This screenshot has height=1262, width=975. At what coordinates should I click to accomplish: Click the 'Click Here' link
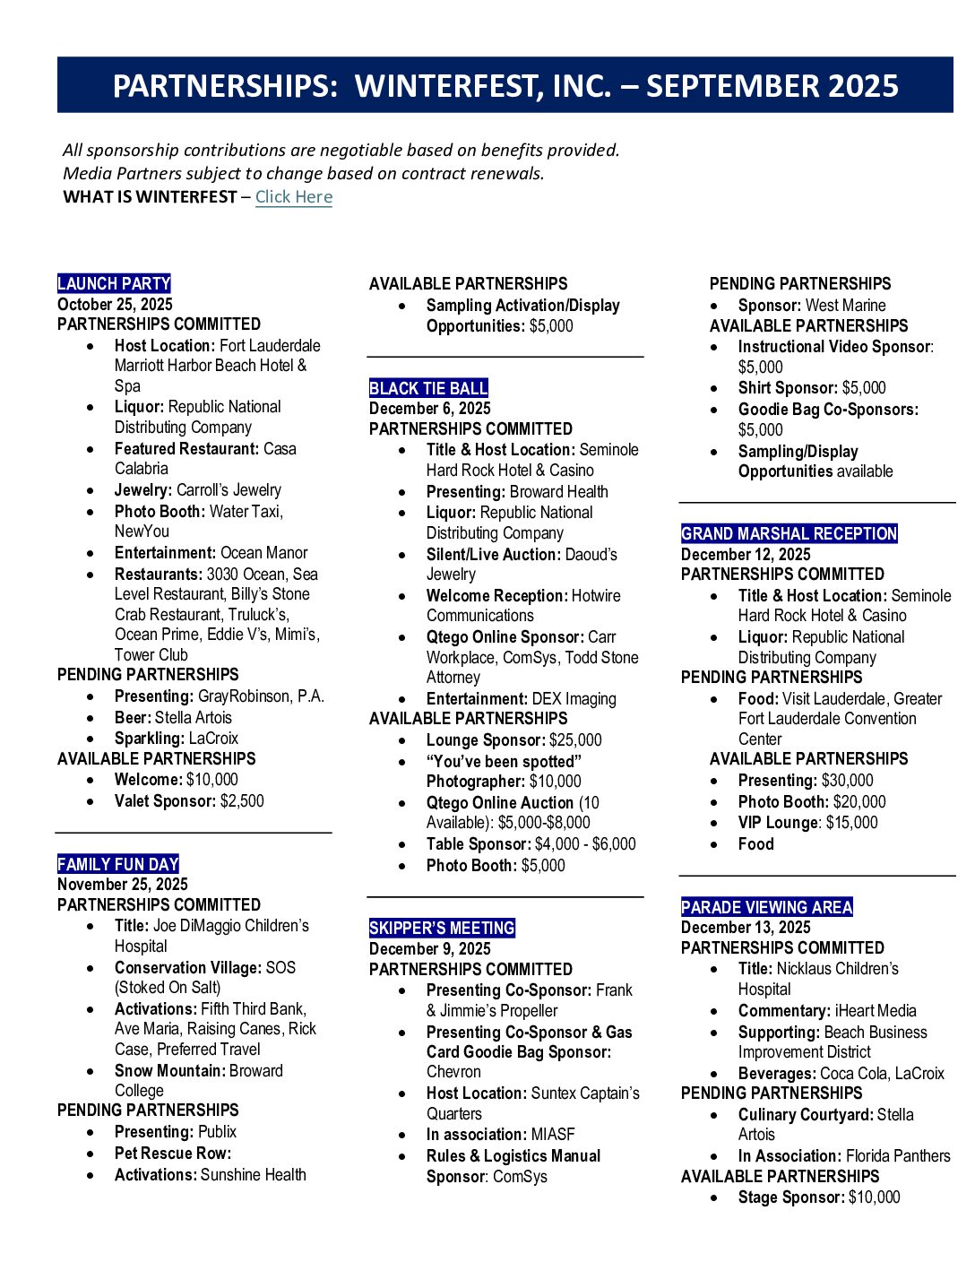pos(293,197)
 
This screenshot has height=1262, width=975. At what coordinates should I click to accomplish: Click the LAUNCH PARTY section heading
pos(114,284)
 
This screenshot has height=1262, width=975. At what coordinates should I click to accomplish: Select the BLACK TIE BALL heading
pos(428,388)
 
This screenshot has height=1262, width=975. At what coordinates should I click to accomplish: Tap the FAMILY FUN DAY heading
pos(117,865)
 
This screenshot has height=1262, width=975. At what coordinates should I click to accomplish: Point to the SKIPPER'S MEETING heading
pos(442,929)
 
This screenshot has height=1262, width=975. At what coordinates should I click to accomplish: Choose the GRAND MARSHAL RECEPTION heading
pos(789,534)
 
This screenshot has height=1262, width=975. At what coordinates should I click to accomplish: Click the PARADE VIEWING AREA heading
pos(766,907)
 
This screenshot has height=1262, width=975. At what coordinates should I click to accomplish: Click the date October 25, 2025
pos(115,305)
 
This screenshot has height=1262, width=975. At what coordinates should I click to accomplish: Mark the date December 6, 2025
pos(429,409)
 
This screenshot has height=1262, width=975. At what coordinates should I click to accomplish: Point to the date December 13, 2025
pos(746,928)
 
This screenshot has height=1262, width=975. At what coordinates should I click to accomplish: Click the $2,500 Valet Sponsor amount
pos(242,801)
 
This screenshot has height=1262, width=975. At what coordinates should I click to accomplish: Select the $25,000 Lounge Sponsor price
pos(575,740)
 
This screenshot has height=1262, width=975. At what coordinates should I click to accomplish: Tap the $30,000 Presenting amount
pos(847,781)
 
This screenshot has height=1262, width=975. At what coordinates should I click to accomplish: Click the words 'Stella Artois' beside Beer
pos(193,718)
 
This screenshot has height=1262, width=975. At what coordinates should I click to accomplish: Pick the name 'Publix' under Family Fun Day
pos(217,1132)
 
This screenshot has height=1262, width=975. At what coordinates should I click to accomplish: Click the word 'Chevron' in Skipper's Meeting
pos(453,1072)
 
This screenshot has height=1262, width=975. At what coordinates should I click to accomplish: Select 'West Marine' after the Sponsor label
pos(845,306)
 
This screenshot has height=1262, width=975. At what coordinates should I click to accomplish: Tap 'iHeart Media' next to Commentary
pos(876,1011)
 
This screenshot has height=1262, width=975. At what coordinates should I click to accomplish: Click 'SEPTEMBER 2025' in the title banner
pos(772,86)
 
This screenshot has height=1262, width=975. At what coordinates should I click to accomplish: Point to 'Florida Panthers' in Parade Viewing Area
pos(898,1156)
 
